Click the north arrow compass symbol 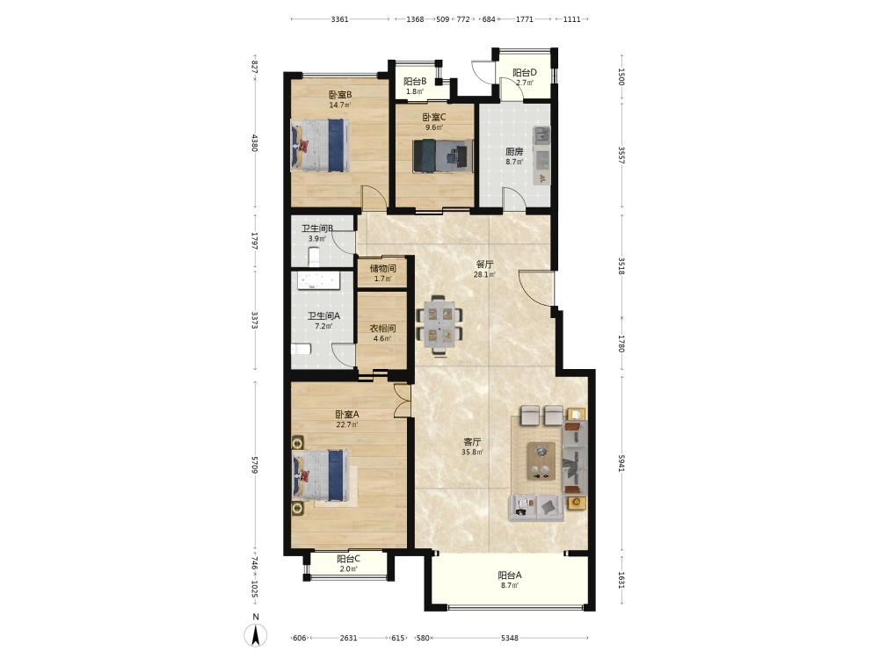[256, 635]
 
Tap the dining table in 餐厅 [439, 324]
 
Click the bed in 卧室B [320, 145]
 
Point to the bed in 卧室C [442, 156]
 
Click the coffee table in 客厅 [541, 461]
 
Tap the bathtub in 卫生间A [318, 281]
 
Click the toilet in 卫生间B [314, 257]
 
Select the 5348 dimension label [510, 638]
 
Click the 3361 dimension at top [339, 19]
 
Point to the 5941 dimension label [621, 463]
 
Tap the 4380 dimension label [255, 143]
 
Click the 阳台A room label [510, 575]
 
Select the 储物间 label [383, 268]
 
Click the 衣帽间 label [382, 329]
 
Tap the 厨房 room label [514, 151]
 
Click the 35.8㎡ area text [473, 452]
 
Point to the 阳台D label [525, 73]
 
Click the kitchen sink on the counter [541, 135]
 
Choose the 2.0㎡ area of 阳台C [348, 568]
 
